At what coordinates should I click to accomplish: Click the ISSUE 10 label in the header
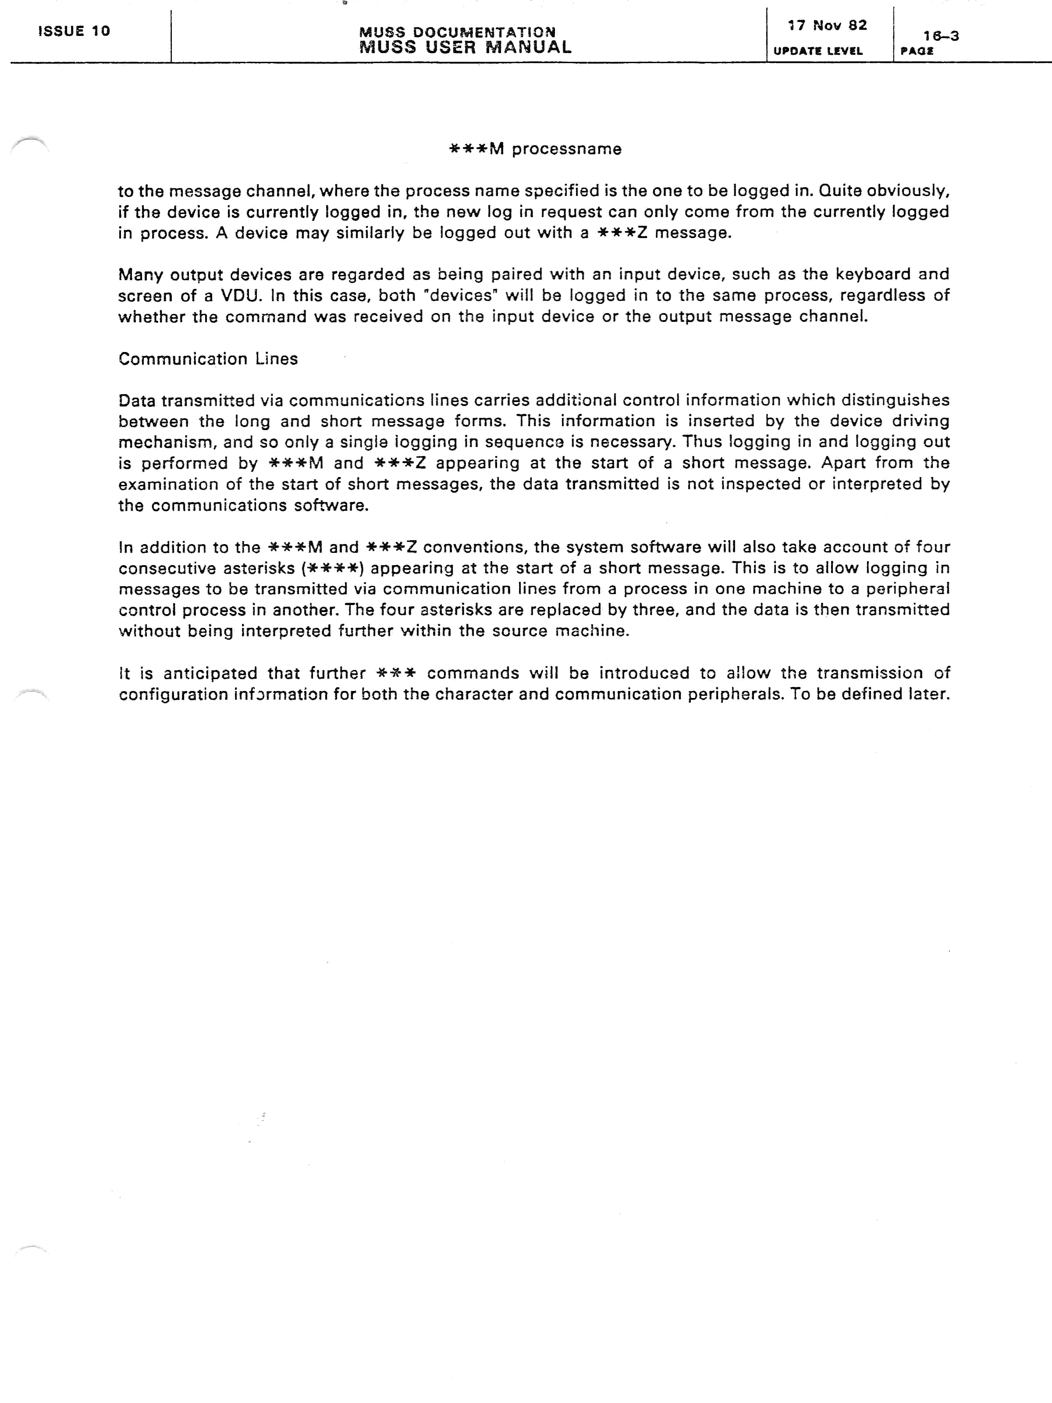click(x=74, y=31)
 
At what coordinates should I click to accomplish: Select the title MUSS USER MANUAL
click(x=465, y=47)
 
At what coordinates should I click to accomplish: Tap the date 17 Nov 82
click(x=827, y=25)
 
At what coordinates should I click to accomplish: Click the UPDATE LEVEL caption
click(x=818, y=51)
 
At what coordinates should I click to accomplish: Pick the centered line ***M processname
click(x=535, y=149)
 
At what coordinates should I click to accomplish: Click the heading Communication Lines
click(x=208, y=359)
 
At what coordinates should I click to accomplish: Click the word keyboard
click(x=873, y=274)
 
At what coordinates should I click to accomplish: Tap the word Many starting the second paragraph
click(x=140, y=274)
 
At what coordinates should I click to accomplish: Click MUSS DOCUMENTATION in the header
click(x=457, y=32)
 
